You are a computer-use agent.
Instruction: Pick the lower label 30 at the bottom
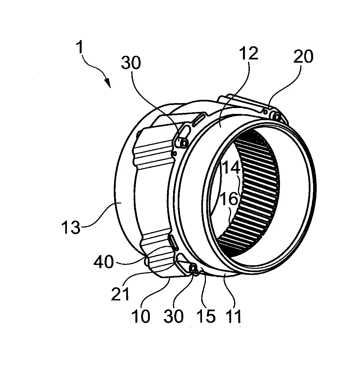pyautogui.click(x=174, y=316)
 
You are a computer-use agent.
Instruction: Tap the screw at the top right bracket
pyautogui.click(x=276, y=116)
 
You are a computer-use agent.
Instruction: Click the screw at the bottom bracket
pyautogui.click(x=193, y=270)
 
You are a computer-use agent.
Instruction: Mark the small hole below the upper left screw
pyautogui.click(x=176, y=153)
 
